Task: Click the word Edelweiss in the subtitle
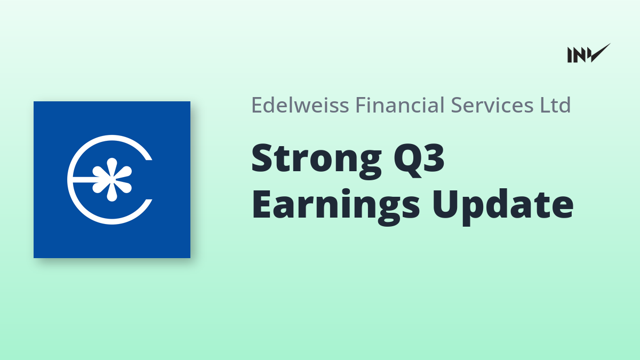[x=300, y=105]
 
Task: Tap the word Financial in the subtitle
[x=399, y=105]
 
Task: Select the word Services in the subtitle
[x=492, y=105]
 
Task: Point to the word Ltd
[x=555, y=105]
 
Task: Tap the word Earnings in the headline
[x=335, y=206]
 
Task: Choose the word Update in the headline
[x=502, y=206]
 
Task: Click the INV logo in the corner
[x=589, y=53]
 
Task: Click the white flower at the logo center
[x=112, y=179]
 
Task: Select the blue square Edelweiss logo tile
[x=112, y=180]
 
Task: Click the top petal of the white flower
[x=112, y=167]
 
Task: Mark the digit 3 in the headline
[x=434, y=158]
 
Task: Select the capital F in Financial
[x=362, y=105]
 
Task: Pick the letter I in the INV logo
[x=570, y=55]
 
